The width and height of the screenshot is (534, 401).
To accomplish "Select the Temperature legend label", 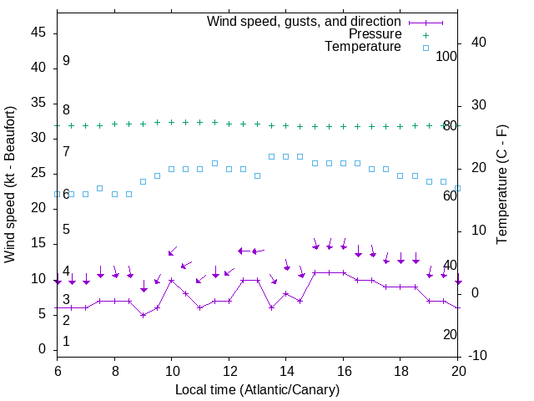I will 363,47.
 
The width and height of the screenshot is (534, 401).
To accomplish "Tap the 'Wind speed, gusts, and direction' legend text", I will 305,21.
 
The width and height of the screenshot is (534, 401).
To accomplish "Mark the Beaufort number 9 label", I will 66,61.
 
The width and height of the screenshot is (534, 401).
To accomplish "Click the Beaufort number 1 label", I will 66,341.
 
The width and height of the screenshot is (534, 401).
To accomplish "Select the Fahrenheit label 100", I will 446,56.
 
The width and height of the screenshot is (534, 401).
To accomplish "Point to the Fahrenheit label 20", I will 450,334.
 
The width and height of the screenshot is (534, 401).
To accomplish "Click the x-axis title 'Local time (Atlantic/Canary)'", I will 258,389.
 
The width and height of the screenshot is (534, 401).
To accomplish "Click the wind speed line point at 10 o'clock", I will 172,280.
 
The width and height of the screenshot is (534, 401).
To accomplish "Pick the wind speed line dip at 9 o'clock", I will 144,315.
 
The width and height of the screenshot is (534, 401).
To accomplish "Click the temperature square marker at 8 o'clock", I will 114,194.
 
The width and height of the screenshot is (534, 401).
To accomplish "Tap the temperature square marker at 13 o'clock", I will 258,175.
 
